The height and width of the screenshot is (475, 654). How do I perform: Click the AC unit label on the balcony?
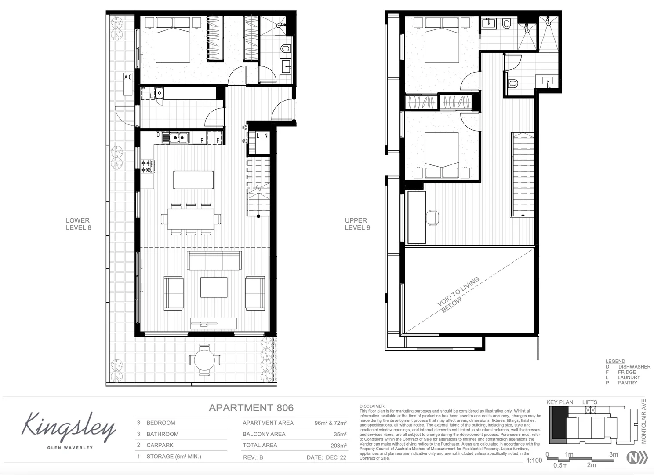pos(128,77)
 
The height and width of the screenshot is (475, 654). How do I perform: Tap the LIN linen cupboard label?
pos(262,136)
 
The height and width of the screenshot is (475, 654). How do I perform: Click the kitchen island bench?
pos(194,179)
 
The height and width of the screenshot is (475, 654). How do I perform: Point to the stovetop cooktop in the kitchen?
pos(147,166)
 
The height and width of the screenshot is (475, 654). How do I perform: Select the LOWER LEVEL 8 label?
pos(78,224)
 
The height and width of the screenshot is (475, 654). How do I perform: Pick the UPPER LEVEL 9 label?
pos(357,224)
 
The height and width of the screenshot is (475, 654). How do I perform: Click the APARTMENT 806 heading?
pos(251,408)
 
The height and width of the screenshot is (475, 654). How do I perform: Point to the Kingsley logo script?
pos(69,427)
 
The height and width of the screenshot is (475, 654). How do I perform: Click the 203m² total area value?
pos(338,446)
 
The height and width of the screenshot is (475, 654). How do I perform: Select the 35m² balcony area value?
pos(340,434)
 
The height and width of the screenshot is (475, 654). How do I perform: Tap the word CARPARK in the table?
pos(160,445)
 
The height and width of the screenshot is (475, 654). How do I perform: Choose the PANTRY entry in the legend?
pos(627,383)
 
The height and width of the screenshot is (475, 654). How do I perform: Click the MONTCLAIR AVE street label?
pos(644,421)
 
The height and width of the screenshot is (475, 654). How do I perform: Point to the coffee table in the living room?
pos(214,287)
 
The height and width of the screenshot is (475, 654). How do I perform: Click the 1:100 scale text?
pos(534,460)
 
